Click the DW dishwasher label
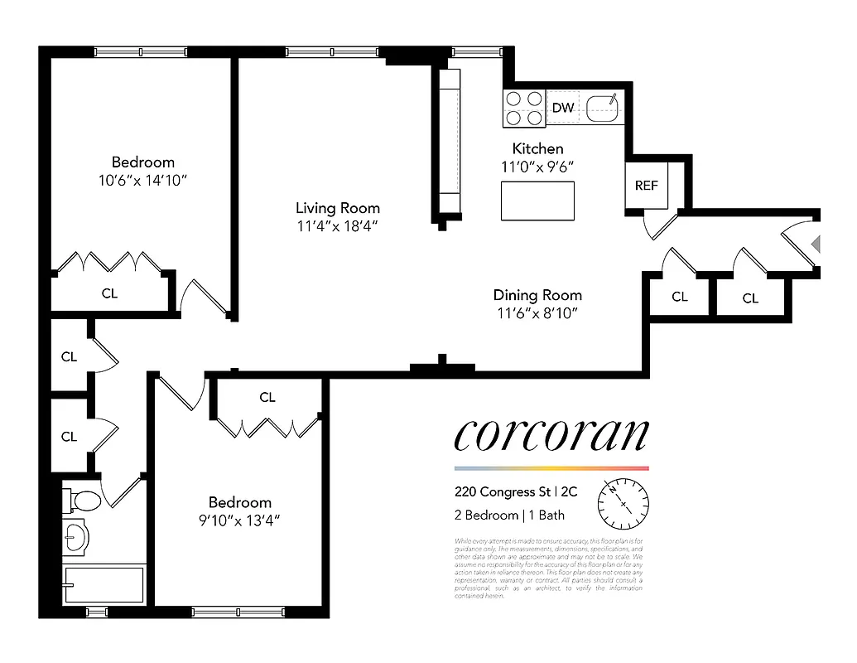click(x=563, y=108)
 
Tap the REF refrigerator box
click(x=646, y=185)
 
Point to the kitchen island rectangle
click(x=537, y=201)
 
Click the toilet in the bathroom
click(x=84, y=501)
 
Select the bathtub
click(x=104, y=585)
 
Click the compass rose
click(x=623, y=503)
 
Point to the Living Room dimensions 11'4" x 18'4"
click(x=338, y=226)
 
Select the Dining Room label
click(x=537, y=295)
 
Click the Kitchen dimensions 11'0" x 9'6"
click(x=537, y=167)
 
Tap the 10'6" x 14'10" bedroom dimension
click(x=143, y=180)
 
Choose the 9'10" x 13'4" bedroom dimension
click(x=239, y=520)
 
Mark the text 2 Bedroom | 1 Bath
click(x=509, y=515)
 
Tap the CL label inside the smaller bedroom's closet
click(x=267, y=398)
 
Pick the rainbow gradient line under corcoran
click(x=551, y=468)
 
